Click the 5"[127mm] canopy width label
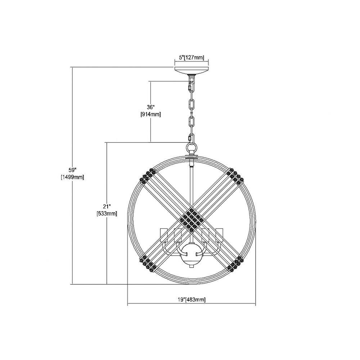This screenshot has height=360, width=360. click(x=192, y=57)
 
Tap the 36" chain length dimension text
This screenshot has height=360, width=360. click(x=150, y=107)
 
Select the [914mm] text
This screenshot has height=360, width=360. click(x=150, y=114)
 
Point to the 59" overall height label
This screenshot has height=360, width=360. click(x=72, y=170)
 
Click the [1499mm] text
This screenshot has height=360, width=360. click(x=72, y=177)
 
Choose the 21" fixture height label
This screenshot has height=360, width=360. click(x=107, y=206)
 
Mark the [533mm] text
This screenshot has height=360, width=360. click(x=107, y=213)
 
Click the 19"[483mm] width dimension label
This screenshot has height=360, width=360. click(x=192, y=300)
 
